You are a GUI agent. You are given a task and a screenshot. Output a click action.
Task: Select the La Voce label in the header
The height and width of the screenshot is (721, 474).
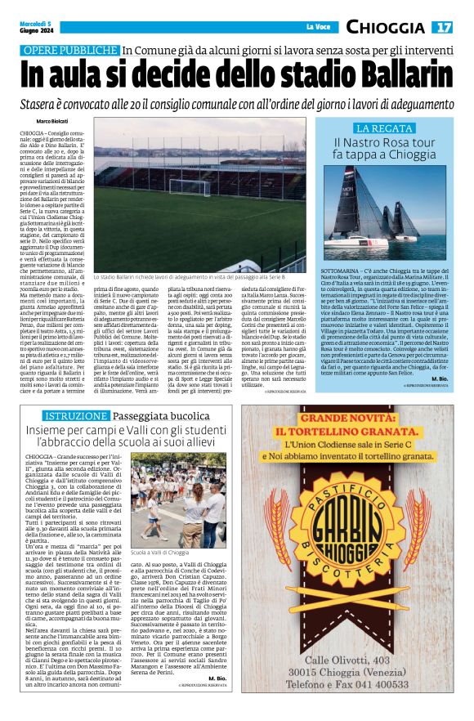320,28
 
